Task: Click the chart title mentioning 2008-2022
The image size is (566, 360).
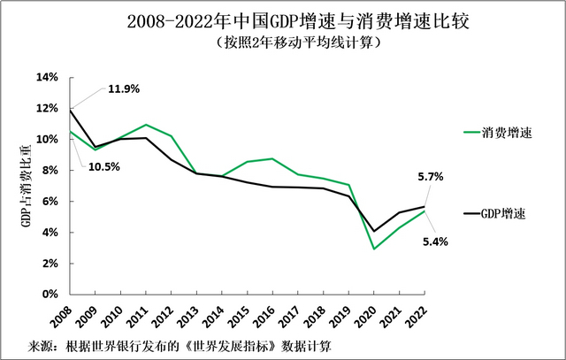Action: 283,20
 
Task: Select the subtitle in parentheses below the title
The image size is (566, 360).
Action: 283,42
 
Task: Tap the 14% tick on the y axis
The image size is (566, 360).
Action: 47,78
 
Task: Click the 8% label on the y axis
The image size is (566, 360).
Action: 50,171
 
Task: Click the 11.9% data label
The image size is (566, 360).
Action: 123,89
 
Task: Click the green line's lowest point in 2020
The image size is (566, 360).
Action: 376,249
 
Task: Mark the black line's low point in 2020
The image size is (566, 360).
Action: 376,231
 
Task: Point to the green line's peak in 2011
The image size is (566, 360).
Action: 145,125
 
